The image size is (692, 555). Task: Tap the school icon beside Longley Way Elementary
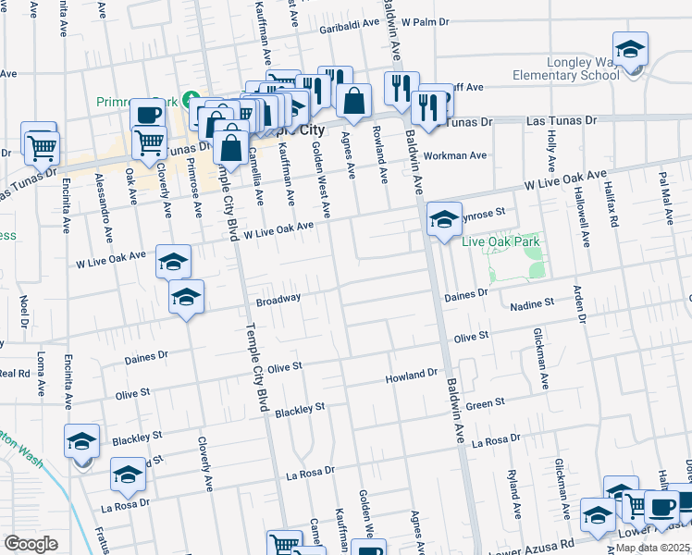pos(630,50)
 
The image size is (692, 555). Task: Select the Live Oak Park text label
pos(500,241)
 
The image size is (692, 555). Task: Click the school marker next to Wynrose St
pos(444,220)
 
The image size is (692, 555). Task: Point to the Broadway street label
pos(278,300)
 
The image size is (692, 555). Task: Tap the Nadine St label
pos(532,302)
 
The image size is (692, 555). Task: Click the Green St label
pos(485,403)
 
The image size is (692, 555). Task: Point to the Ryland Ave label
pos(512,486)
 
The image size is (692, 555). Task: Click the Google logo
pos(31,543)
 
